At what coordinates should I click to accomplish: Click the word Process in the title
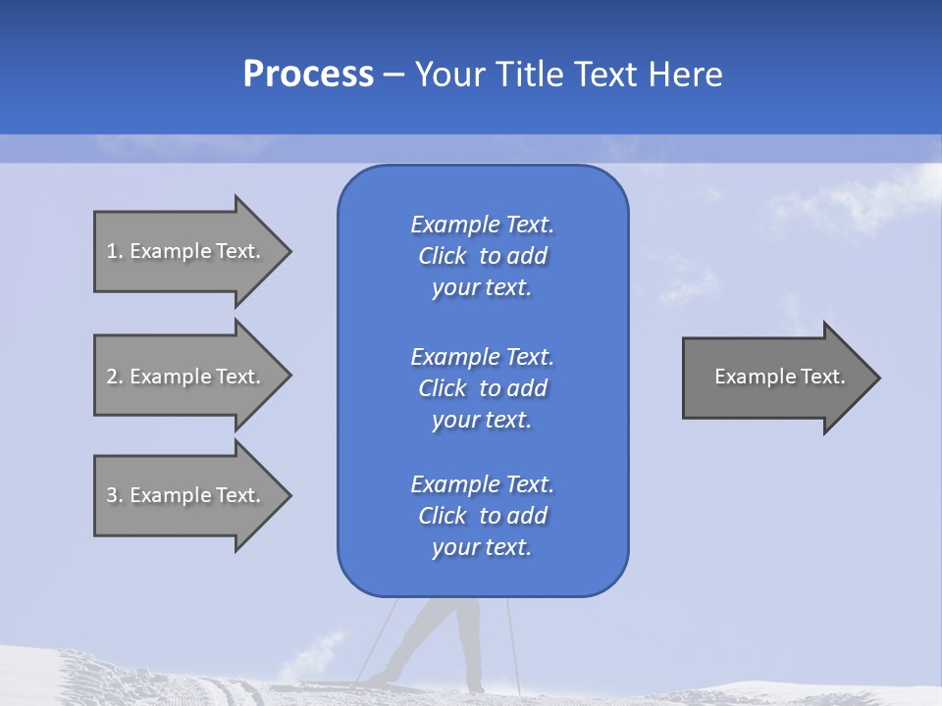[x=308, y=75]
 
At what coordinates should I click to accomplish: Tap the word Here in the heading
[x=685, y=75]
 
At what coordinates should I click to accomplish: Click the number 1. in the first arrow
[x=115, y=251]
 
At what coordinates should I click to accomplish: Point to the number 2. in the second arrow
[x=115, y=377]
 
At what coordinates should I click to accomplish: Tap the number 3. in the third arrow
[x=115, y=495]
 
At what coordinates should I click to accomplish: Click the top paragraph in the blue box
[x=482, y=256]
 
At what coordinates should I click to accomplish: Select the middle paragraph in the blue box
[x=482, y=388]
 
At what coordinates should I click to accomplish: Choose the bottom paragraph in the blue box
[x=482, y=516]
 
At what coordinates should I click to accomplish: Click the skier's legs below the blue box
[x=446, y=637]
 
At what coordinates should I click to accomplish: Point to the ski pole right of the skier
[x=511, y=637]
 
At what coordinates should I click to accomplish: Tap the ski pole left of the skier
[x=379, y=637]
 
